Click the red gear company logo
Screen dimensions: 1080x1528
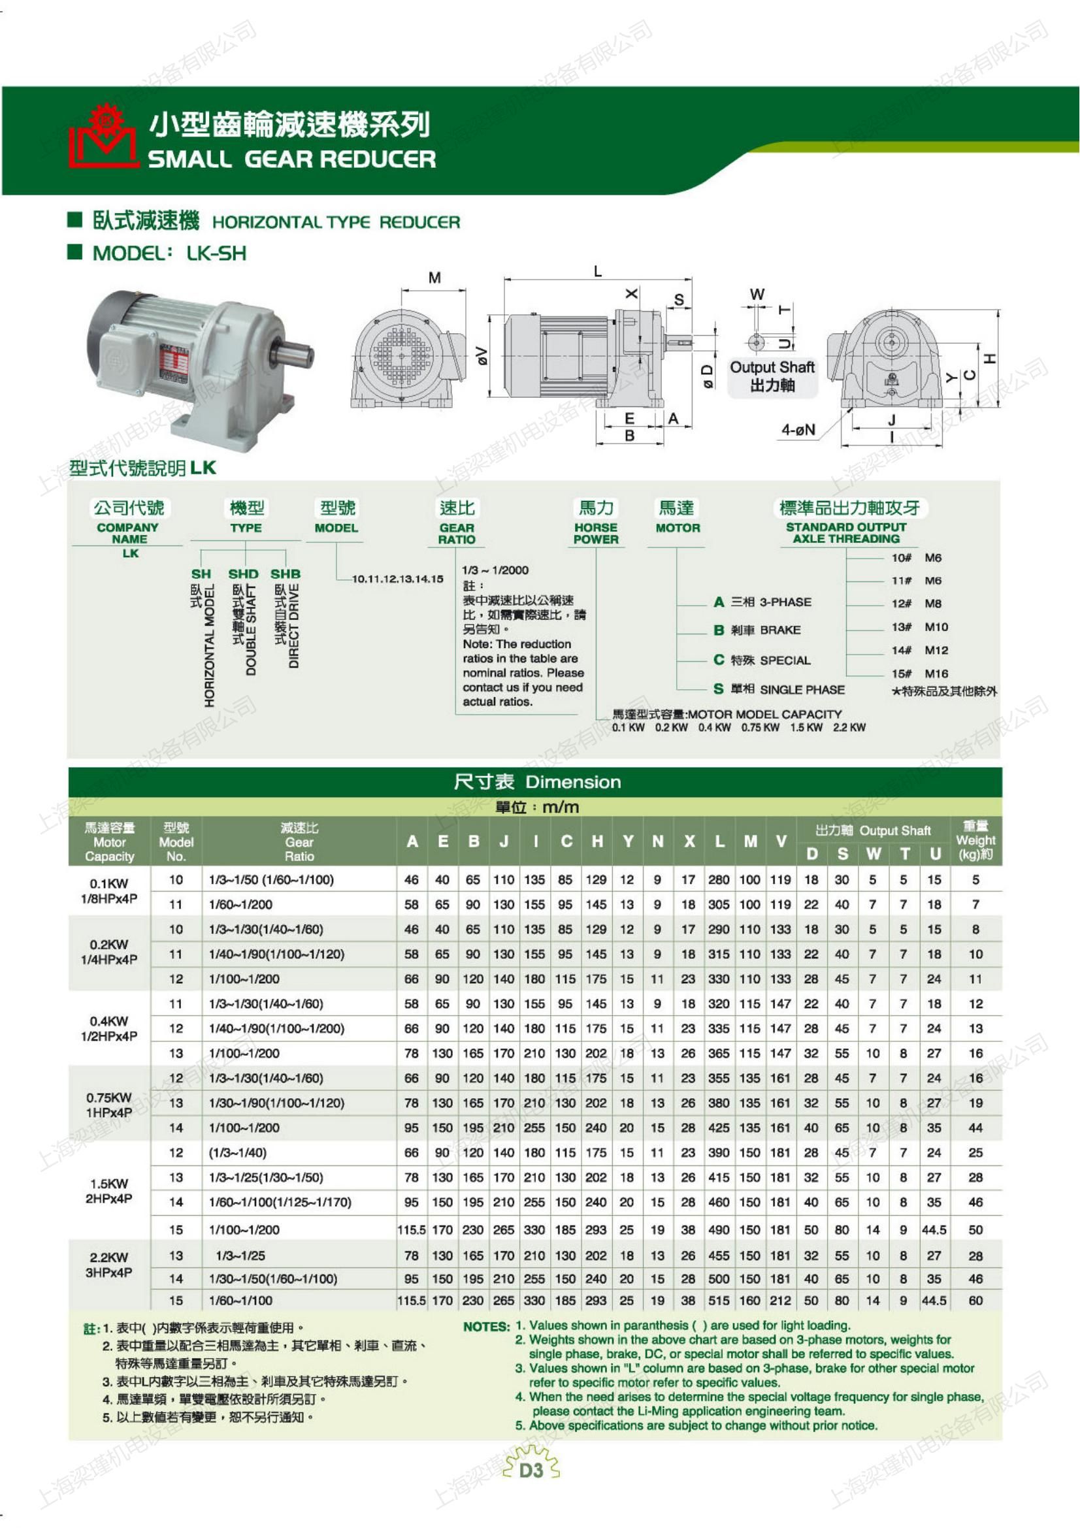click(103, 137)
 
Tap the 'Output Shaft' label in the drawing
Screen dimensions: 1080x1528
click(772, 366)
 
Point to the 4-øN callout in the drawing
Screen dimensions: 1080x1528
click(798, 430)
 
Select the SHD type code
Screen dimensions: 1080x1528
click(243, 574)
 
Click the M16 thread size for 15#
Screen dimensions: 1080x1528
click(936, 674)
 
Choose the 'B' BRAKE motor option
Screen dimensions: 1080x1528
click(757, 630)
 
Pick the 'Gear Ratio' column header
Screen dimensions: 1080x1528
click(299, 842)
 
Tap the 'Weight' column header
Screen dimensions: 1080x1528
click(975, 840)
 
